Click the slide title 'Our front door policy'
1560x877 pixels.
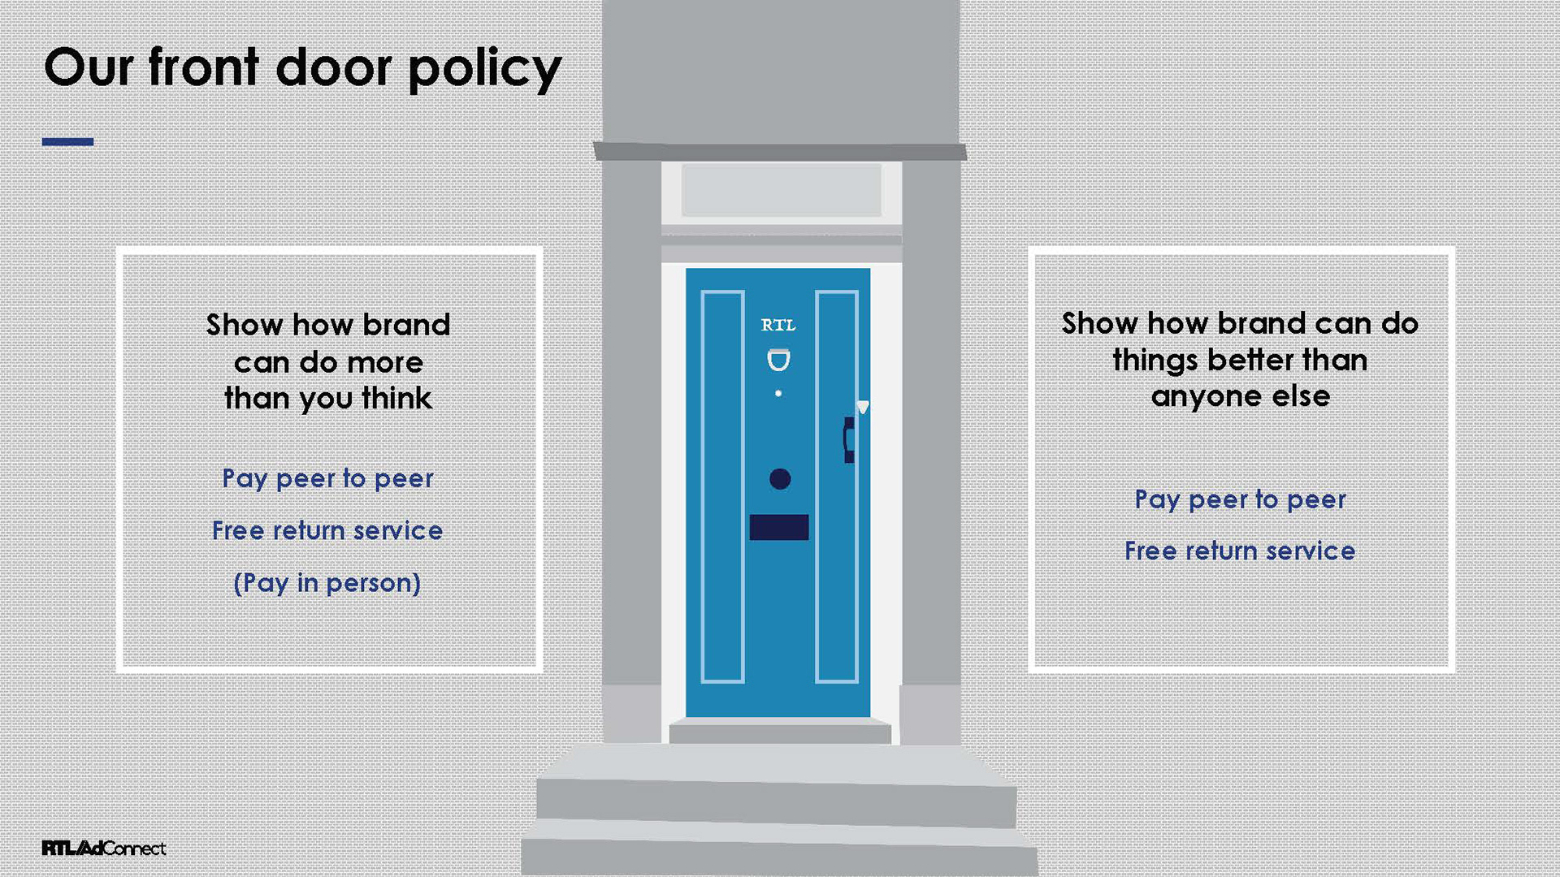(302, 68)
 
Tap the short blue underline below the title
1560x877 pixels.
(67, 142)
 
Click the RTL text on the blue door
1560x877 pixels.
(778, 326)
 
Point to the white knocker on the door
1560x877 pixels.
(778, 360)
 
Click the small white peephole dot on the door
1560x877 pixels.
(778, 393)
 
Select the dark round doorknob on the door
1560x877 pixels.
(780, 479)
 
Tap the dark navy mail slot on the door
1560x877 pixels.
(778, 527)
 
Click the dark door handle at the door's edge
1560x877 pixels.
(848, 439)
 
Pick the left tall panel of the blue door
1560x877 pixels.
(722, 486)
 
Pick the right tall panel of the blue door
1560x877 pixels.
(837, 486)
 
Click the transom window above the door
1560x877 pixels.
(781, 190)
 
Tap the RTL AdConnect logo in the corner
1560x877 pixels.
(104, 848)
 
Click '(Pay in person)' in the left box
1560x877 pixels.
(327, 583)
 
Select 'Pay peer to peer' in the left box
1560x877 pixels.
(327, 478)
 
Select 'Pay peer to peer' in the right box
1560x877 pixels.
(1240, 499)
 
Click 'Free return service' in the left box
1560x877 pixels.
(327, 531)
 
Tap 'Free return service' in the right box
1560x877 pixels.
(1240, 551)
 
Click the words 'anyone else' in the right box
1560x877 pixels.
(1240, 396)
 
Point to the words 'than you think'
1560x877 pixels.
(327, 399)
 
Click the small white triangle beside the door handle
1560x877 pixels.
(863, 407)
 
